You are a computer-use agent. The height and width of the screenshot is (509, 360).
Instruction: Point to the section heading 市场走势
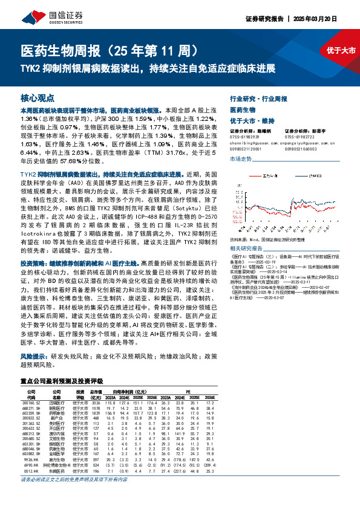(x=241, y=158)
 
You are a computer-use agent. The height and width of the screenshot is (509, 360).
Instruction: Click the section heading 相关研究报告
(x=247, y=248)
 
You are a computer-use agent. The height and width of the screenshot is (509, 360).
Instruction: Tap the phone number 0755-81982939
(x=244, y=136)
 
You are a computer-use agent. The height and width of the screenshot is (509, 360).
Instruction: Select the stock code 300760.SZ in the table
(x=28, y=402)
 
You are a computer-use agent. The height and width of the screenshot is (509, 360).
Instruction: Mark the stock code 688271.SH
(x=28, y=408)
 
